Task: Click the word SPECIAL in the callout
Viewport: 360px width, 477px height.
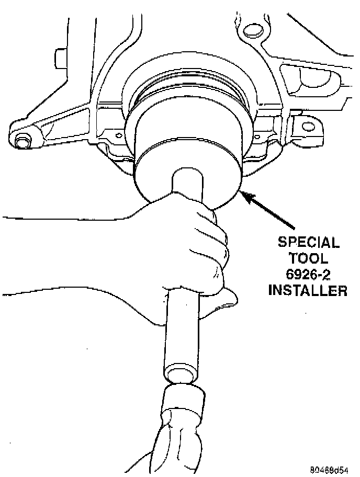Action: point(308,243)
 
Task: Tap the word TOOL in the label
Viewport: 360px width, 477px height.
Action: point(308,258)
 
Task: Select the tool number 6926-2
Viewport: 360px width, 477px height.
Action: point(308,274)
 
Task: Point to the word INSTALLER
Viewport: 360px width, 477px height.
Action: point(308,290)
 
